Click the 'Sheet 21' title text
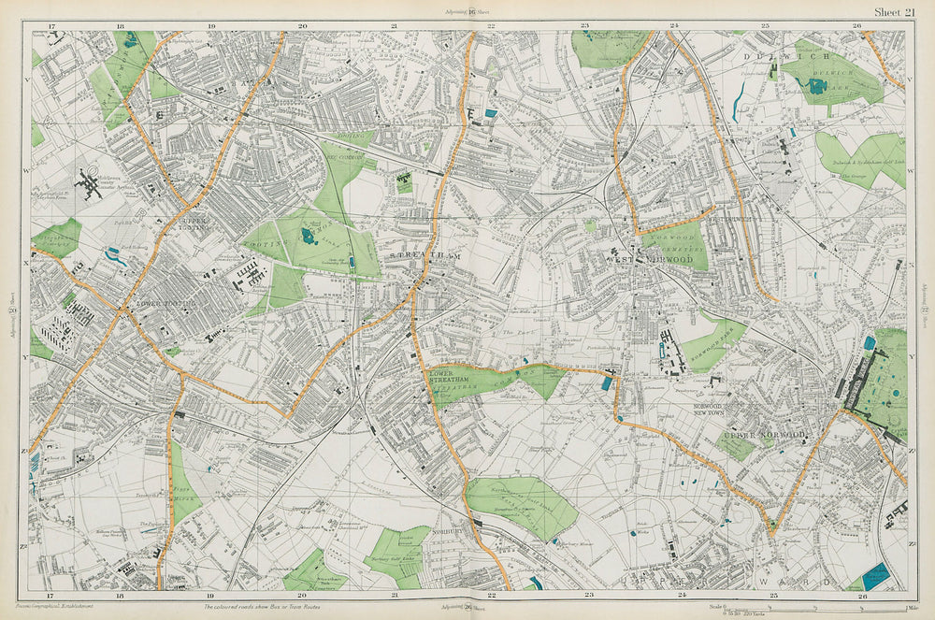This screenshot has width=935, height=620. [x=895, y=11]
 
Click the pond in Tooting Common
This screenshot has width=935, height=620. [x=308, y=236]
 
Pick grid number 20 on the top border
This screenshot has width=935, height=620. [x=302, y=25]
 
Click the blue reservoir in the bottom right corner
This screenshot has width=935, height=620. [x=876, y=575]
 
